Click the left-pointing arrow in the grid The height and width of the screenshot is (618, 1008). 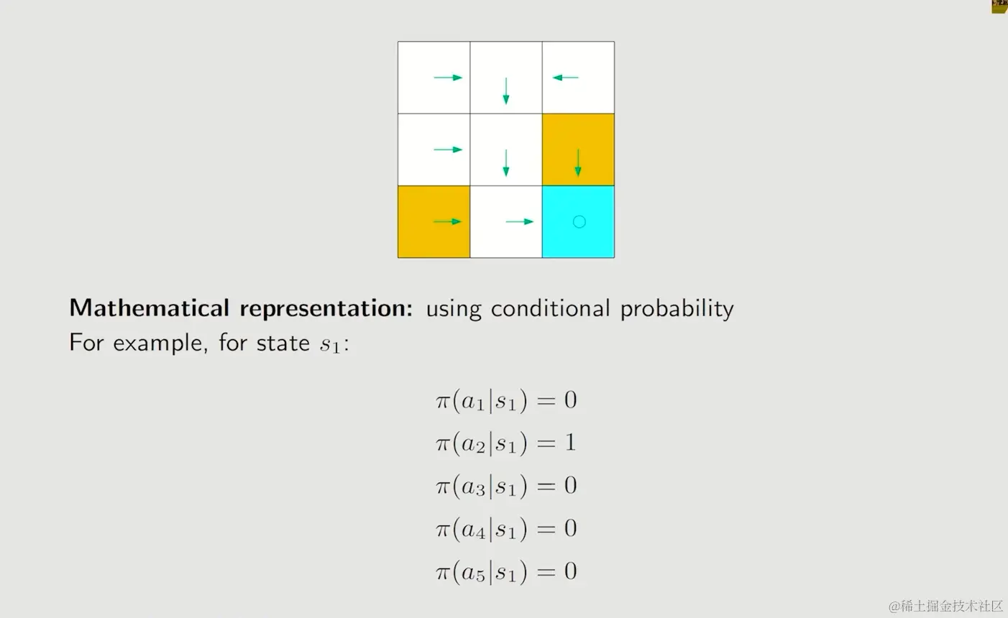pyautogui.click(x=565, y=78)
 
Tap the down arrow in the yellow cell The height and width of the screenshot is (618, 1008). pyautogui.click(x=578, y=163)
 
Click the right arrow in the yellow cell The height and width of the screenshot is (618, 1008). pyautogui.click(x=448, y=221)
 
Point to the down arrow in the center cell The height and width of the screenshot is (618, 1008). pyautogui.click(x=506, y=163)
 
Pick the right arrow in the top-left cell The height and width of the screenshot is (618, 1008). pyautogui.click(x=448, y=78)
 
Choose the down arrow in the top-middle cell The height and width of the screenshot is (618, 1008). pyautogui.click(x=506, y=91)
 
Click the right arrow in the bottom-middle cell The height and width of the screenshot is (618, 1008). pyautogui.click(x=520, y=221)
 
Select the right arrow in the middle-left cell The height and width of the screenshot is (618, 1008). pyautogui.click(x=448, y=149)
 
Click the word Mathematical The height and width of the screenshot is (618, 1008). pyautogui.click(x=150, y=308)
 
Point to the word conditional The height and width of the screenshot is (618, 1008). pyautogui.click(x=550, y=308)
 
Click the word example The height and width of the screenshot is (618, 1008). pyautogui.click(x=160, y=343)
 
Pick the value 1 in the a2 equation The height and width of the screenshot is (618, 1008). pyautogui.click(x=570, y=442)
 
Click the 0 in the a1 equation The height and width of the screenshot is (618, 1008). pyautogui.click(x=571, y=400)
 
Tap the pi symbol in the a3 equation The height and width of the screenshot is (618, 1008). pyautogui.click(x=443, y=486)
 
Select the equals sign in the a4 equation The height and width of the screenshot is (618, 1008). pyautogui.click(x=546, y=528)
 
